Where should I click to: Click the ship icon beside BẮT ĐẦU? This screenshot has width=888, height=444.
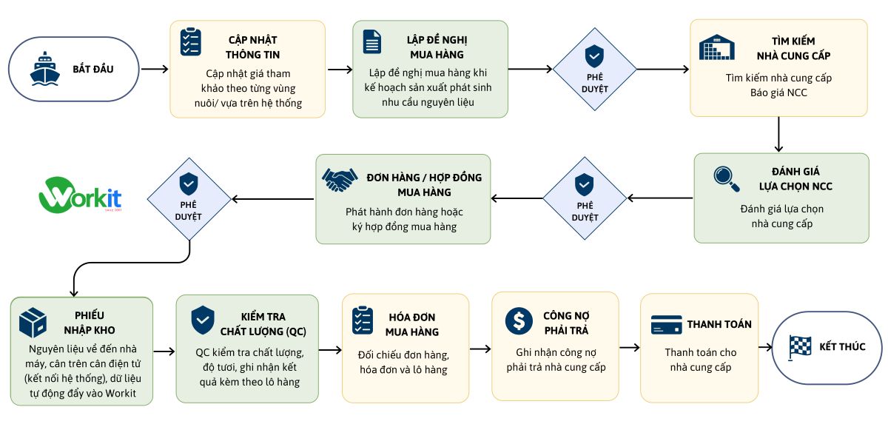pyautogui.click(x=45, y=68)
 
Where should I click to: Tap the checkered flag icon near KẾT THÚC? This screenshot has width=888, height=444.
pyautogui.click(x=799, y=348)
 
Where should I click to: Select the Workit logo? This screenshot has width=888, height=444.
pyautogui.click(x=80, y=195)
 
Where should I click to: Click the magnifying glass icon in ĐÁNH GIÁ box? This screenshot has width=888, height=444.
pyautogui.click(x=727, y=179)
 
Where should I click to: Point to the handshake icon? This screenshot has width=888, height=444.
pyautogui.click(x=340, y=180)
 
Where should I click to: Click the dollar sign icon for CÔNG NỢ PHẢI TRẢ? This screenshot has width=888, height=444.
pyautogui.click(x=519, y=320)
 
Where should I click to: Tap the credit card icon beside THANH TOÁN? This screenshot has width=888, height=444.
pyautogui.click(x=667, y=325)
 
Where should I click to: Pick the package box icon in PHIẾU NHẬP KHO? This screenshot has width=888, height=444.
pyautogui.click(x=33, y=323)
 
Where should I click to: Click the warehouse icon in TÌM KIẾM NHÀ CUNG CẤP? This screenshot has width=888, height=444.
pyautogui.click(x=717, y=47)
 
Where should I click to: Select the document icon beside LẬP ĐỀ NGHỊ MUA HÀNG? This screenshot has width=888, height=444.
pyautogui.click(x=371, y=41)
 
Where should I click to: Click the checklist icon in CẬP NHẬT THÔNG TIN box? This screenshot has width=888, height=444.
pyautogui.click(x=191, y=41)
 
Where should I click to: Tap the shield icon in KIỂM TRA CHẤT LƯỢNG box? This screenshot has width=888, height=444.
pyautogui.click(x=203, y=320)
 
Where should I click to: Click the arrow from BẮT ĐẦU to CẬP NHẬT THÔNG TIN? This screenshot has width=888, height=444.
pyautogui.click(x=155, y=70)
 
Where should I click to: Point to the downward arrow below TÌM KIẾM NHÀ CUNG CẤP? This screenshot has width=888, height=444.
pyautogui.click(x=778, y=135)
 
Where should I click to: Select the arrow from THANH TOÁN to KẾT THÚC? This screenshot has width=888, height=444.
pyautogui.click(x=765, y=347)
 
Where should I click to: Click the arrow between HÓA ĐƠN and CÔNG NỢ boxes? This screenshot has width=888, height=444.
pyautogui.click(x=480, y=349)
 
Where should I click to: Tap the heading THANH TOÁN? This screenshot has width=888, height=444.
pyautogui.click(x=719, y=324)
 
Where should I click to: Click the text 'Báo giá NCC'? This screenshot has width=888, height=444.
pyautogui.click(x=778, y=92)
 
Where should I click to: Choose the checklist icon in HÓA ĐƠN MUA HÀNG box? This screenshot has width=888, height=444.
pyautogui.click(x=363, y=320)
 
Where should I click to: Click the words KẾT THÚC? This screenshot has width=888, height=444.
pyautogui.click(x=842, y=346)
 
